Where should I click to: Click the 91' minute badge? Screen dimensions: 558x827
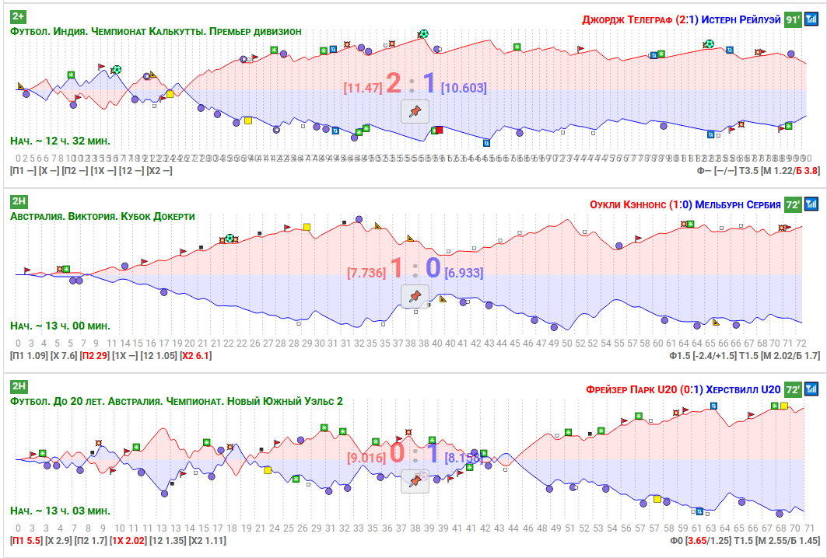click(x=792, y=19)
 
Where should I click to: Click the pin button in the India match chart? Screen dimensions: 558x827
click(x=415, y=111)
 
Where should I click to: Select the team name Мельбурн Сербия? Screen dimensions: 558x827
click(x=738, y=204)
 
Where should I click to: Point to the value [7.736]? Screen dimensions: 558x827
click(x=366, y=273)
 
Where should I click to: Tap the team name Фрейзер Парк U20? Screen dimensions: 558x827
click(x=637, y=389)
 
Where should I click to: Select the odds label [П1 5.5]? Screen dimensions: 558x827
click(x=26, y=539)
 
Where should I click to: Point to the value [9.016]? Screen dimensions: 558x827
click(x=366, y=458)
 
